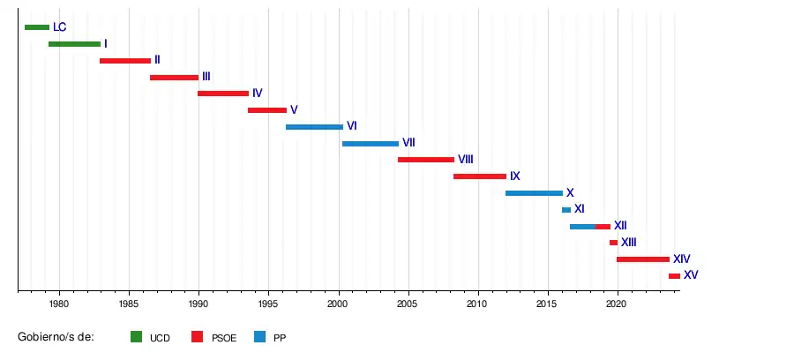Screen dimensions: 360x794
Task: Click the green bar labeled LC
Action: tap(37, 27)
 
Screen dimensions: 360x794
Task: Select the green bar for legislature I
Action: tap(74, 44)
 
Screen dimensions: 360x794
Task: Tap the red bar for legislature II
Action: tap(125, 61)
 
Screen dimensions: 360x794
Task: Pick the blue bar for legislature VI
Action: tap(314, 127)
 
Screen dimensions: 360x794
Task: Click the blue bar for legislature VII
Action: tap(371, 144)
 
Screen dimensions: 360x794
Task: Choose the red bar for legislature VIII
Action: tap(426, 160)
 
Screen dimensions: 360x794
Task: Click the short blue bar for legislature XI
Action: tap(566, 210)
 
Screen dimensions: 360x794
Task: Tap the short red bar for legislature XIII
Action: tap(613, 243)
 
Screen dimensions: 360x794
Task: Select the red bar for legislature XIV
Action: tap(643, 259)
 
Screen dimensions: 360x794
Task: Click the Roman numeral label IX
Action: tap(515, 176)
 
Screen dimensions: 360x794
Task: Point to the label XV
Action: tap(691, 275)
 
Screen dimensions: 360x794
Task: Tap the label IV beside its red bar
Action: tap(258, 94)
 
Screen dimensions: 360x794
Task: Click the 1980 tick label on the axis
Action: tap(59, 304)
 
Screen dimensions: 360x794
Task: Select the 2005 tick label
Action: tap(408, 304)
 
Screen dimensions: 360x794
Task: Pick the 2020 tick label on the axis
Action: tap(617, 304)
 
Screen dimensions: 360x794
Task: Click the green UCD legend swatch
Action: tap(136, 337)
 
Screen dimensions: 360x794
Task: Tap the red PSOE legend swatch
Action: tap(198, 337)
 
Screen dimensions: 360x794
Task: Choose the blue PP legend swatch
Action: tap(259, 337)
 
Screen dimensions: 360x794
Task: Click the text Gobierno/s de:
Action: tap(56, 337)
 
